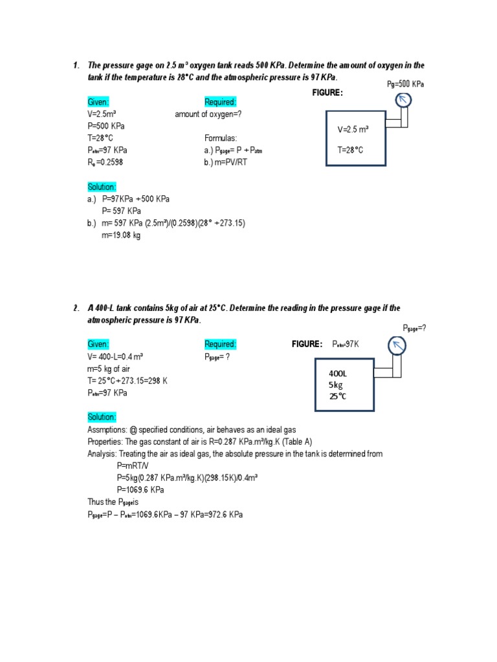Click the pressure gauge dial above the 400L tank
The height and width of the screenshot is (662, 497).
click(x=396, y=347)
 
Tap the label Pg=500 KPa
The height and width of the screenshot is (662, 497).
click(x=405, y=84)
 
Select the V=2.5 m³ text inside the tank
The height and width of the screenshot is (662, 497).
click(x=353, y=129)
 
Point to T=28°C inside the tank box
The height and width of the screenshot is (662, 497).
click(x=350, y=150)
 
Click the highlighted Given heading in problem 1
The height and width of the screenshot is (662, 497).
click(x=98, y=102)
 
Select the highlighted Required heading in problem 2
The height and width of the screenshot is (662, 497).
click(x=221, y=344)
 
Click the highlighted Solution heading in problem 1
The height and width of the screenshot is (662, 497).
click(x=102, y=187)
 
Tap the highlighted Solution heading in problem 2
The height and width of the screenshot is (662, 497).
click(x=102, y=417)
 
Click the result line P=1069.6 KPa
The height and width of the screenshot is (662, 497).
click(x=140, y=489)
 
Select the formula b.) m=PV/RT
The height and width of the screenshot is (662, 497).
click(x=225, y=162)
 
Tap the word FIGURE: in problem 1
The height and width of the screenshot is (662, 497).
click(x=327, y=92)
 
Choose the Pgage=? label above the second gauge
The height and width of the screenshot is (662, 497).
click(x=415, y=328)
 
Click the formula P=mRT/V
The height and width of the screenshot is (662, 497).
click(x=133, y=465)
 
